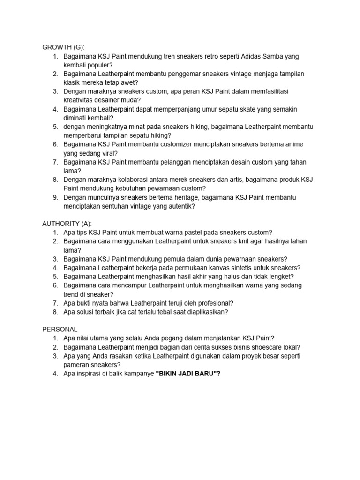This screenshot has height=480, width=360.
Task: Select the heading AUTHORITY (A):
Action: (x=67, y=223)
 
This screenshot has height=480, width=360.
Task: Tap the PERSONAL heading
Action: (x=60, y=330)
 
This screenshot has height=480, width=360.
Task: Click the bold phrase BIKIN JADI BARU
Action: (x=187, y=374)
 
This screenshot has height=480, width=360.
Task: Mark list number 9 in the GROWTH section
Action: (x=55, y=197)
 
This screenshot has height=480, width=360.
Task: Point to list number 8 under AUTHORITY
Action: (x=55, y=311)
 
